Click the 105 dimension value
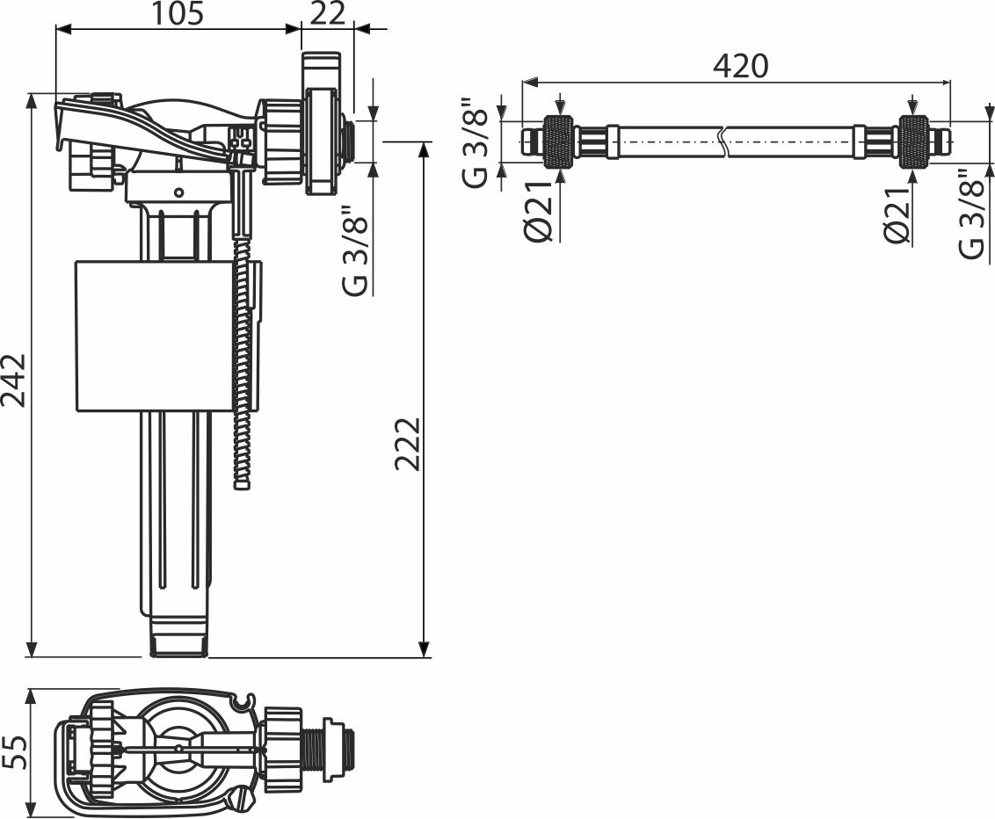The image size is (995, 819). click(178, 14)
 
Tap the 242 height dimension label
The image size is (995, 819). click(13, 380)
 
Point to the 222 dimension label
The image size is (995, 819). click(407, 444)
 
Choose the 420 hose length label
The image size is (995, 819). click(741, 65)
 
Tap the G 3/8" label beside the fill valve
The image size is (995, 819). click(355, 250)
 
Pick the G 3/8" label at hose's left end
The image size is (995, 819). click(476, 142)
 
